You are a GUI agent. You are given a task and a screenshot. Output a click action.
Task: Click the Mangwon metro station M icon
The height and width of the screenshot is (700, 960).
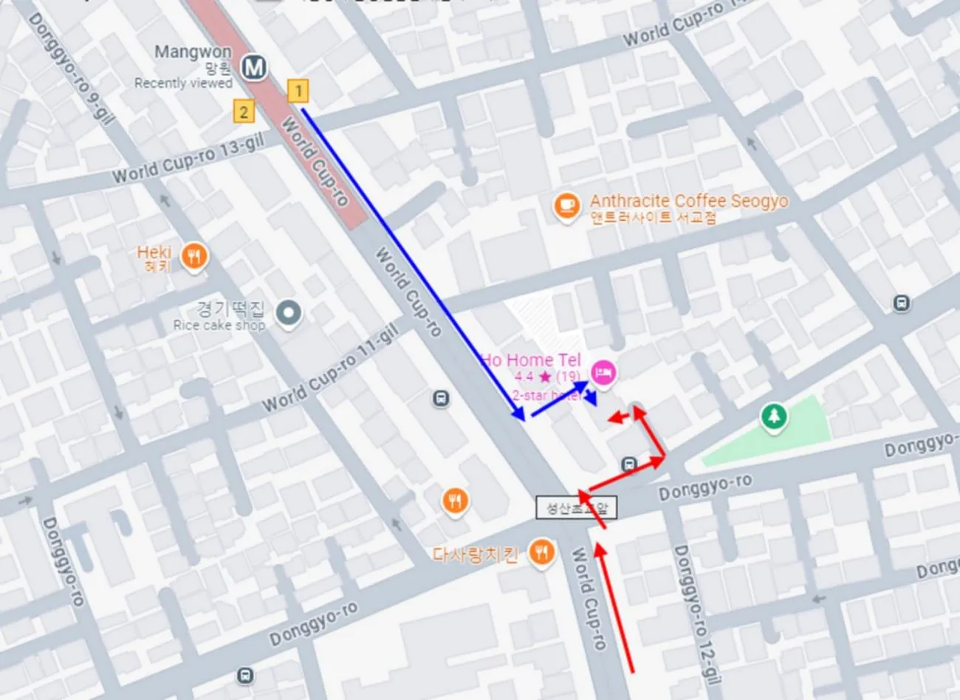(x=254, y=68)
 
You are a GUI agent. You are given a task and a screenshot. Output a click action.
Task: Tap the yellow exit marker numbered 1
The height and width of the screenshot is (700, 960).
(x=298, y=91)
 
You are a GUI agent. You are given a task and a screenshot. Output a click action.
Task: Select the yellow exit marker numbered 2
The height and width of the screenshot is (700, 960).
(x=244, y=111)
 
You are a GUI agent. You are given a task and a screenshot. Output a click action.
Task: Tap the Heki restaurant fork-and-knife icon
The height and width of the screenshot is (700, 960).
(x=194, y=257)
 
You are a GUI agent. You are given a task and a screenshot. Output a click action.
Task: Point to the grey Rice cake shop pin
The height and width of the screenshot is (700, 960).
(x=289, y=314)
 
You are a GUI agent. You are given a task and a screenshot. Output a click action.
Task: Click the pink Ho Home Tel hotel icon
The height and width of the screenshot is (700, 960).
(x=605, y=372)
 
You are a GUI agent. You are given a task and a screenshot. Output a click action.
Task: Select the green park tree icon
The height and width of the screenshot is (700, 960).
(x=774, y=416)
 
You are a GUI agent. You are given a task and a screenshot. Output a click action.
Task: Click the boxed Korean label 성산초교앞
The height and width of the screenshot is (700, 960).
(x=576, y=508)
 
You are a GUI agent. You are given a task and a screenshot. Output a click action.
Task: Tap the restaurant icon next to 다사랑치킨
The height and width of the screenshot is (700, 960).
(x=543, y=552)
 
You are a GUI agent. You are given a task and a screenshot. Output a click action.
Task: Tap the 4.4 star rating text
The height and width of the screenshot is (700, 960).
(x=546, y=377)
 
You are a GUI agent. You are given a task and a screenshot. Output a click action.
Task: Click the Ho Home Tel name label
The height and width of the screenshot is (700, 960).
(x=530, y=360)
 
